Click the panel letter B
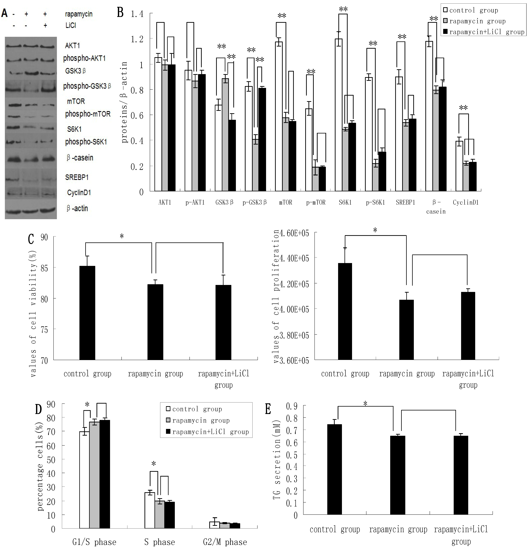pyautogui.click(x=120, y=13)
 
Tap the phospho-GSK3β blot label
pyautogui.click(x=87, y=86)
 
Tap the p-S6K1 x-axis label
pyautogui.click(x=375, y=202)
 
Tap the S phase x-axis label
pyautogui.click(x=159, y=542)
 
